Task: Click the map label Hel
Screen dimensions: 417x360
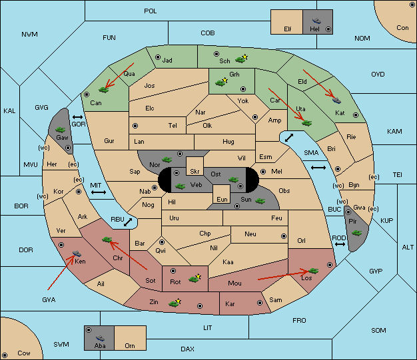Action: (314, 29)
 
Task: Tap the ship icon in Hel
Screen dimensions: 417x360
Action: (316, 21)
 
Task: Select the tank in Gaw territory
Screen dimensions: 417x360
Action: (61, 129)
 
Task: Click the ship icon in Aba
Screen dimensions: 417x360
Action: (101, 338)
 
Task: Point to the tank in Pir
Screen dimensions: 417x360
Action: (356, 233)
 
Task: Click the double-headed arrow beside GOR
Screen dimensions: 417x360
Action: (77, 117)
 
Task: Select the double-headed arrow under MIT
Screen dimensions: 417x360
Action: (99, 192)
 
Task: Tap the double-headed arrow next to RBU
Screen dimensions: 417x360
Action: (128, 222)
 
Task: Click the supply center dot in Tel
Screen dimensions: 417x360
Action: (135, 126)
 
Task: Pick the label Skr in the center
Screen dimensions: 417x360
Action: (195, 172)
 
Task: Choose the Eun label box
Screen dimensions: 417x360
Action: (222, 194)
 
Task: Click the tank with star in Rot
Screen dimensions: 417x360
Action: (195, 278)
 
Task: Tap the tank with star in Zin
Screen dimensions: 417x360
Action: (175, 303)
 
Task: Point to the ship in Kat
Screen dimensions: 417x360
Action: (336, 100)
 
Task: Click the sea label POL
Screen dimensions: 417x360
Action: (151, 11)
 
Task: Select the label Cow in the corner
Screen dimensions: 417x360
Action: (24, 353)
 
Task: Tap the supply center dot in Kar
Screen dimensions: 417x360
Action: (260, 303)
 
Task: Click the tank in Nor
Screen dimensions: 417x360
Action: (167, 160)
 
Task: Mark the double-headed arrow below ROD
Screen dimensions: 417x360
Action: (340, 244)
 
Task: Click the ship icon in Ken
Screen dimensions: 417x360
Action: (77, 253)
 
